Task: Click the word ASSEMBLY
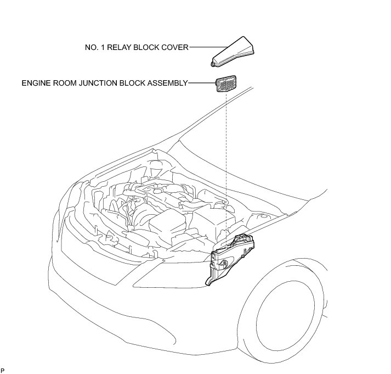click(168, 83)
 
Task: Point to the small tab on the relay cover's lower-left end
click(213, 64)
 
